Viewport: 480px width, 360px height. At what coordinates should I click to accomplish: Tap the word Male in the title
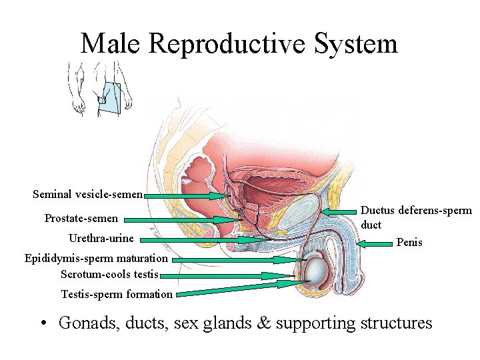coord(111,44)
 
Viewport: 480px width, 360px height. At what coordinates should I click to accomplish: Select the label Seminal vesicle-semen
coord(87,195)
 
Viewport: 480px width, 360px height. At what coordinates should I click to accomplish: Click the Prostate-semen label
coord(81,218)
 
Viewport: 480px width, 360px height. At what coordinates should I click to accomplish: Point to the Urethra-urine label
coord(101,238)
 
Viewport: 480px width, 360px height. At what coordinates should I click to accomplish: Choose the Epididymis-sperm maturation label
coord(96,258)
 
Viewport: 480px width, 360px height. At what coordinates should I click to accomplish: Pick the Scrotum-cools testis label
coord(109,274)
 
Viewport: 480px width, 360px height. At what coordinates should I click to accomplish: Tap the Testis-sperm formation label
coord(117,294)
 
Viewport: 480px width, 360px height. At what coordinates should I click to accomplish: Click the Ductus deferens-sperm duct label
coord(415,217)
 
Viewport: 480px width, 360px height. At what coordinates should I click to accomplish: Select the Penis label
coord(409,242)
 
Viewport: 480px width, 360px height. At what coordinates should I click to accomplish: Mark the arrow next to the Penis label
coord(374,245)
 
